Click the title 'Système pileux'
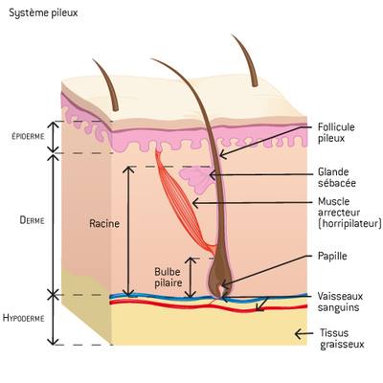point(43,13)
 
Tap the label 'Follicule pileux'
point(336,132)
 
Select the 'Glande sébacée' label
point(337,177)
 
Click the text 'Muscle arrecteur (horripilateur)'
point(349,213)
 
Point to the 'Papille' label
point(332,256)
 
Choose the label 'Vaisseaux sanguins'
point(340,302)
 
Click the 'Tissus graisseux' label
point(342,339)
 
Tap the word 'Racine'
point(104,223)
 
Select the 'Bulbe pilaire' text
point(169,278)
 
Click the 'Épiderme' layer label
point(28,136)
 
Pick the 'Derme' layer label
point(32,220)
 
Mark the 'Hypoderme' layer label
point(24,318)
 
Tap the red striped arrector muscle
point(180,201)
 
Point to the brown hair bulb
point(220,278)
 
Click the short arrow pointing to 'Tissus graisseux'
point(304,334)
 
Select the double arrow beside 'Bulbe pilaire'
point(191,278)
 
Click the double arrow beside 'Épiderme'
point(54,137)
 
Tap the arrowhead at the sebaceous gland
point(212,175)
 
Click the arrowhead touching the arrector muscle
point(195,203)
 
